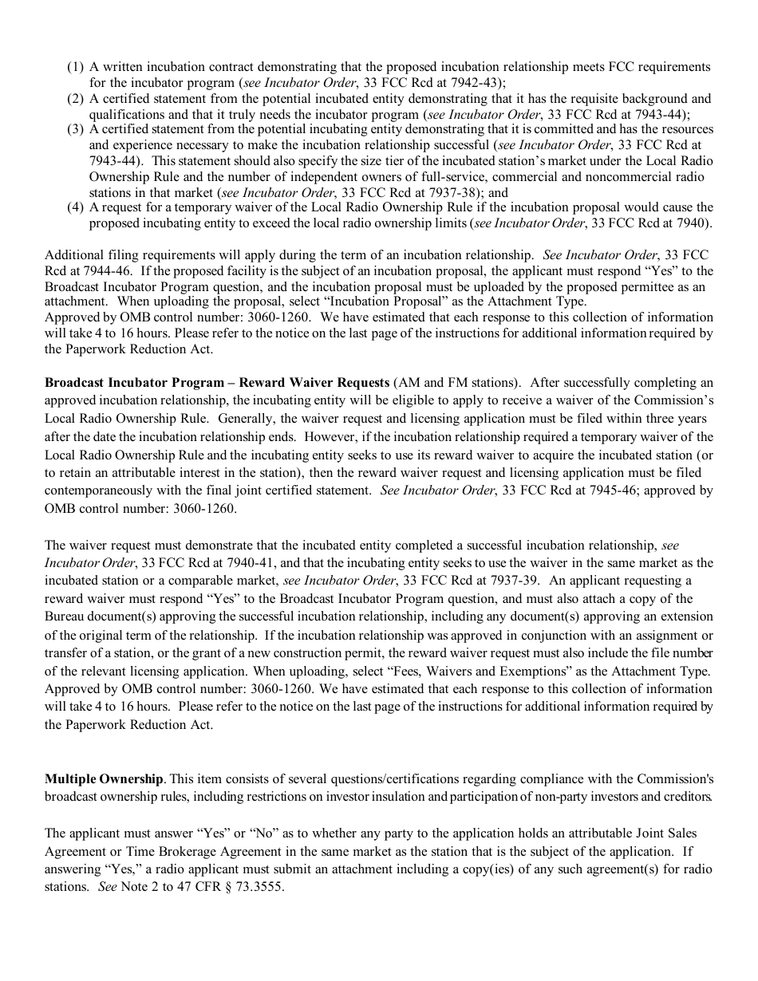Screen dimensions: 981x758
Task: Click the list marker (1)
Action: point(75,68)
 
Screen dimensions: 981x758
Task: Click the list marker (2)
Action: point(75,99)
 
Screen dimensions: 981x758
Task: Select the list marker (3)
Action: point(75,129)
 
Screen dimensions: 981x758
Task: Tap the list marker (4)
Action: point(75,208)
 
